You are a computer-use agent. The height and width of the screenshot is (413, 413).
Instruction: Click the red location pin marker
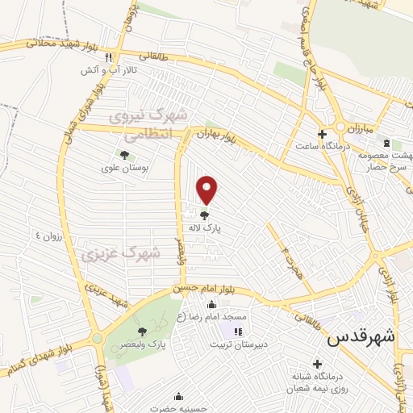tap(208, 189)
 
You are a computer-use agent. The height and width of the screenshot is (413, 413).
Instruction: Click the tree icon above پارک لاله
tap(205, 215)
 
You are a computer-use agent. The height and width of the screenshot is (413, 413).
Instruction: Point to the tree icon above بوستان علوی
tap(123, 155)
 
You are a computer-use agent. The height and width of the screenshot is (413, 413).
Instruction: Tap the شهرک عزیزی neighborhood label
tap(120, 253)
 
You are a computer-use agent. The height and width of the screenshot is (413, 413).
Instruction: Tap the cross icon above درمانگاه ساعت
tap(321, 134)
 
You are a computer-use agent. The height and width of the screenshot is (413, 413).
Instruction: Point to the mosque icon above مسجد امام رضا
tap(211, 304)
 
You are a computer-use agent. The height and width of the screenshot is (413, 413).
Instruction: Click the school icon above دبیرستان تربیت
tap(237, 332)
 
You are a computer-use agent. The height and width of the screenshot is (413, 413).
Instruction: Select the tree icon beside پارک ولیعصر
tap(142, 332)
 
